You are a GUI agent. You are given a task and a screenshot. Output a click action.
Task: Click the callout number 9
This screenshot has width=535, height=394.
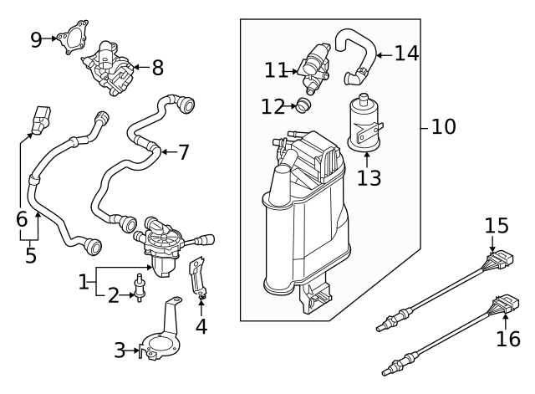click(36, 39)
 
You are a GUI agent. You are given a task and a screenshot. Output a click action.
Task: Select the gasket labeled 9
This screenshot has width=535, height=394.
click(74, 37)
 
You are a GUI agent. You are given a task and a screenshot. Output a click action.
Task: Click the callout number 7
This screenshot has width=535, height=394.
click(183, 152)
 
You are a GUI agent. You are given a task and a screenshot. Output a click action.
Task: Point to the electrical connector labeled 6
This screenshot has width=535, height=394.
click(39, 122)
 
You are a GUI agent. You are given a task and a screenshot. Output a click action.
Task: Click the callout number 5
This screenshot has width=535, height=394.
click(31, 254)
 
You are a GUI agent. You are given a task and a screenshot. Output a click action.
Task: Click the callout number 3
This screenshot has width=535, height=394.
click(120, 351)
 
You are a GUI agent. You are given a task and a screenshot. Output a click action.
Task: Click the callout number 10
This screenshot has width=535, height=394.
click(443, 127)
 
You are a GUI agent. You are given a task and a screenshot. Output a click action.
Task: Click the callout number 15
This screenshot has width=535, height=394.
click(496, 225)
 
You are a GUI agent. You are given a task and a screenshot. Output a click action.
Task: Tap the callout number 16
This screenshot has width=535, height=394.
click(508, 340)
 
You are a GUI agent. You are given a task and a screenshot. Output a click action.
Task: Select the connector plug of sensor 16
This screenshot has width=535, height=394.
click(507, 306)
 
